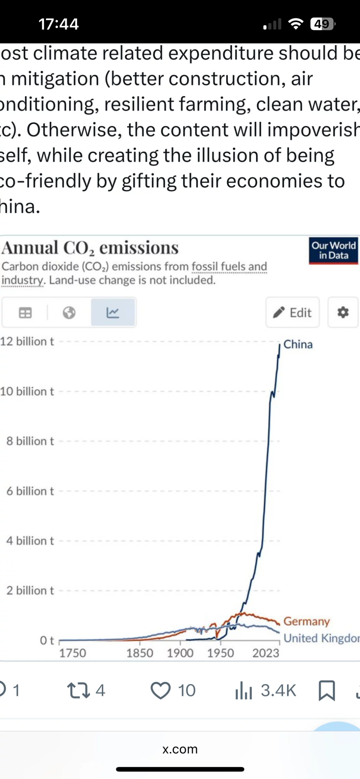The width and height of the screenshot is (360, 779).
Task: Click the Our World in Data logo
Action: click(333, 251)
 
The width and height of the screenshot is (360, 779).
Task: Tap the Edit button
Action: click(292, 312)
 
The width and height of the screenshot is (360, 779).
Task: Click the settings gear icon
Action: click(343, 312)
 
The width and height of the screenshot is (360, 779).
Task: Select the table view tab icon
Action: click(25, 313)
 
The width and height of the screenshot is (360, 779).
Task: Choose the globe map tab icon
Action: click(69, 313)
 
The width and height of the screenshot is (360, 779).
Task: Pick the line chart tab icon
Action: click(113, 313)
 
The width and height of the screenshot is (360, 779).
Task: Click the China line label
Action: click(298, 344)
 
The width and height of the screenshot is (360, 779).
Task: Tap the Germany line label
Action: click(306, 621)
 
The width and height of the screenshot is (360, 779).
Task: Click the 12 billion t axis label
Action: click(27, 342)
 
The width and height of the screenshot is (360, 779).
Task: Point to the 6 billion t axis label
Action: click(30, 491)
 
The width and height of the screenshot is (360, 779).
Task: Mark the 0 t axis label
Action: click(47, 640)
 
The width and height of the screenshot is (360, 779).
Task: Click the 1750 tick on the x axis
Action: click(73, 653)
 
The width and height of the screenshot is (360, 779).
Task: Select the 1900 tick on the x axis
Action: click(180, 653)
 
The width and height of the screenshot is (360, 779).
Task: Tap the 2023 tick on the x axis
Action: click(266, 653)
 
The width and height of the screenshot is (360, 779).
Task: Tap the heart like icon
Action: click(160, 691)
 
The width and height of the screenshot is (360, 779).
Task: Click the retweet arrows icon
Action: click(78, 691)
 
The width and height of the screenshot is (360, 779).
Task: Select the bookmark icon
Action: click(327, 691)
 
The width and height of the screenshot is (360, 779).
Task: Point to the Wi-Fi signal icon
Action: click(296, 24)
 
